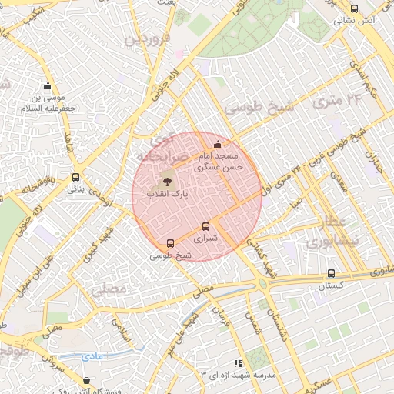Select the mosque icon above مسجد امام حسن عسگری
(x=218, y=144)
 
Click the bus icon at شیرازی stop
(x=205, y=226)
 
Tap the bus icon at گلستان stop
(x=331, y=273)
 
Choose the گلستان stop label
(x=332, y=285)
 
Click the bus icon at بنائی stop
(x=75, y=176)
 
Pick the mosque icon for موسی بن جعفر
(x=49, y=86)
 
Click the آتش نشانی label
(x=357, y=18)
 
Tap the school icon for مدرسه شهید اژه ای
(x=238, y=362)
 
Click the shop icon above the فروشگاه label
(x=86, y=380)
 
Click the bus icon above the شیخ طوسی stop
(x=170, y=243)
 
